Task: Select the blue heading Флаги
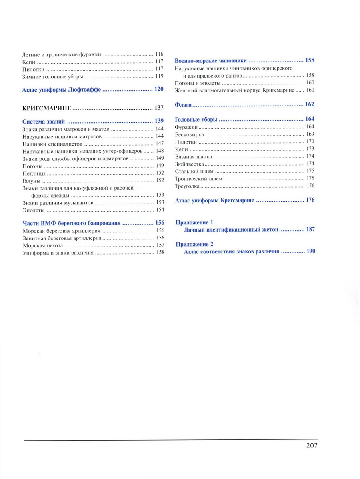click(x=184, y=104)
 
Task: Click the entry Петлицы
click(x=34, y=173)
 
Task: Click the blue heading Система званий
click(x=44, y=121)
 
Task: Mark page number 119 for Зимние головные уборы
click(x=160, y=76)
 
